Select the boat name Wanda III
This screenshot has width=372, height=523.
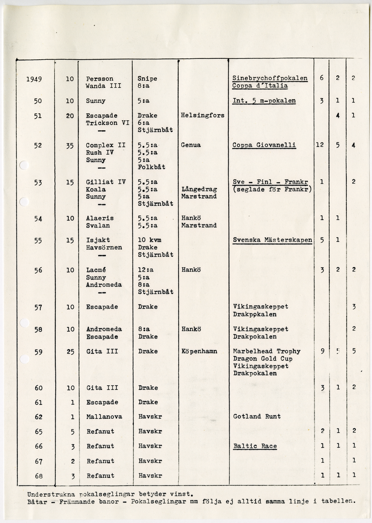(104, 86)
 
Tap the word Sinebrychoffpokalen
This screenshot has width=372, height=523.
(270, 78)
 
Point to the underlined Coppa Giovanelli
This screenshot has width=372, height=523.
(264, 145)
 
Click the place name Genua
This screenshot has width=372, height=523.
(191, 145)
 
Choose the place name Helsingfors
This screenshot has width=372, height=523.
(203, 115)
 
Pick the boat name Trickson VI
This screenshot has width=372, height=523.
(108, 123)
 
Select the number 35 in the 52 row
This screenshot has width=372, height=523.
(70, 146)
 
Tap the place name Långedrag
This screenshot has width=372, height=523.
(199, 190)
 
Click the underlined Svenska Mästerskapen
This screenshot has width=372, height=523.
(273, 240)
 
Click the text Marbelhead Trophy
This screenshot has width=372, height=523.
(267, 351)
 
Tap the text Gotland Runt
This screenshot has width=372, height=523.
(257, 417)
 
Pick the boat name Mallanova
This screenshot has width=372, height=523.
(104, 417)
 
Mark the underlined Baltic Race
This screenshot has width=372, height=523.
(255, 446)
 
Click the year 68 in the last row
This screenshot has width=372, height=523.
(39, 475)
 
